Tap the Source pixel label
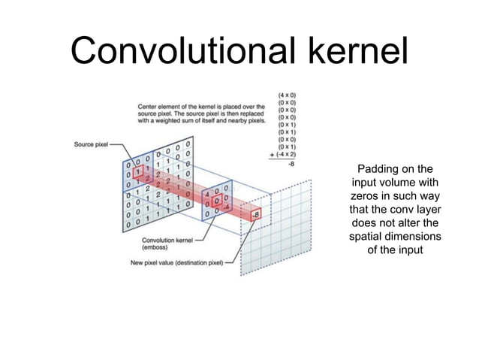click(92, 144)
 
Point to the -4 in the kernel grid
click(224, 209)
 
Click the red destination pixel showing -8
click(256, 214)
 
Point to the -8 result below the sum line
click(290, 162)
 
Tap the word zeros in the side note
click(364, 196)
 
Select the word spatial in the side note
click(368, 237)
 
